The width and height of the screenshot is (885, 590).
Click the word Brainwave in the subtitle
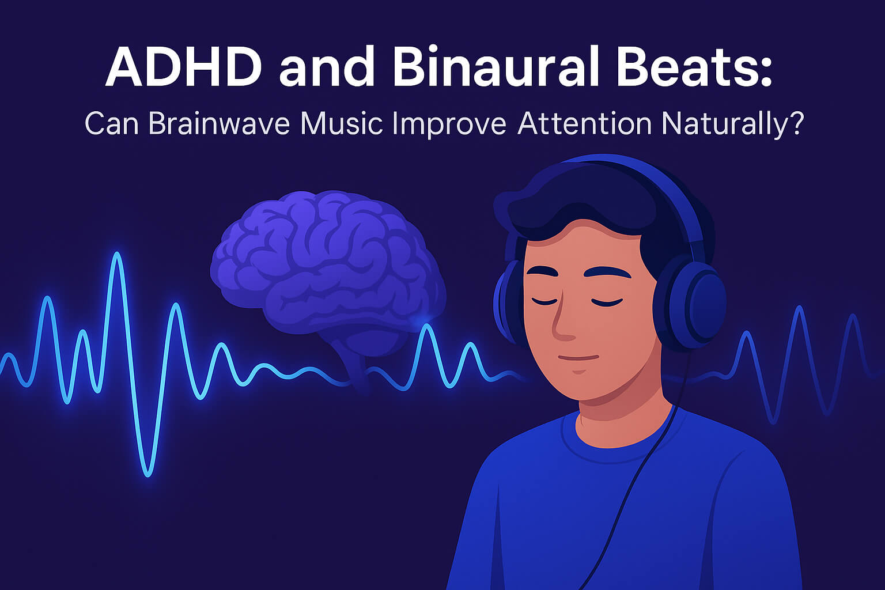(220, 124)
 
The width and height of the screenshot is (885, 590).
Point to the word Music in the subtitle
(342, 124)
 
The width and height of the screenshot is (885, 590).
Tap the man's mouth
(578, 358)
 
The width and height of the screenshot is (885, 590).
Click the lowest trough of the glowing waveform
(147, 474)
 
